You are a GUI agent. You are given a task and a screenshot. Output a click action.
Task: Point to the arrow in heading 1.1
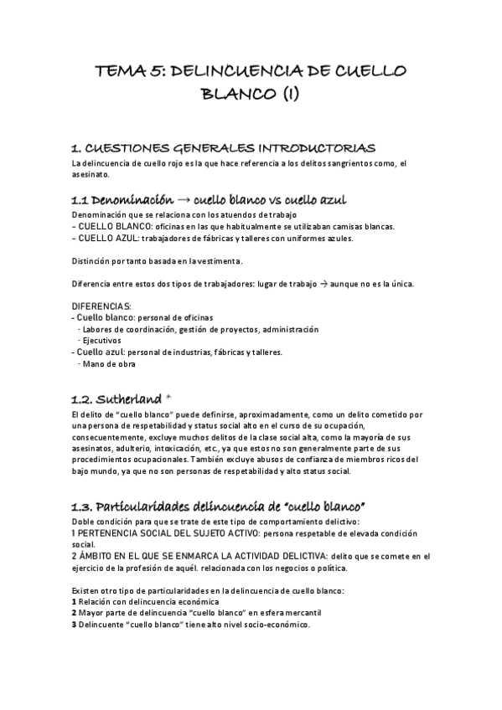coord(182,201)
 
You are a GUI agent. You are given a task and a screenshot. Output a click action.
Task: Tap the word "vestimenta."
coord(220,260)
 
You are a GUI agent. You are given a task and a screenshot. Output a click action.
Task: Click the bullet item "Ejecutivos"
coord(101,341)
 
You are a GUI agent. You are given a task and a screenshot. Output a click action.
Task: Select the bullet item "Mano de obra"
coord(108,363)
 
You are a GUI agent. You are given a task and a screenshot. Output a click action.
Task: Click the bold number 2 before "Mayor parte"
coord(75,613)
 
